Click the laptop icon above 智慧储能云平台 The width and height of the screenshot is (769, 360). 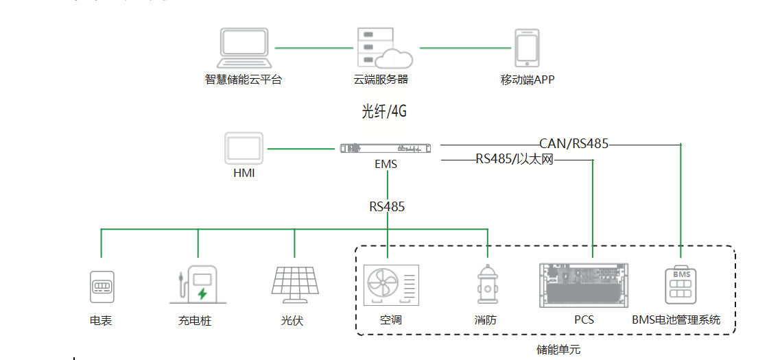244,47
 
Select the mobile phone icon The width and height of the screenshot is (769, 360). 527,48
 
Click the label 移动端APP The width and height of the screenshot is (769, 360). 527,80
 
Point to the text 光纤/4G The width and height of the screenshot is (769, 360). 389,111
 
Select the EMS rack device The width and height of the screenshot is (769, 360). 387,147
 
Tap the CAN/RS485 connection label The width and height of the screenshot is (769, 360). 574,144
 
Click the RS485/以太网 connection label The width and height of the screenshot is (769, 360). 514,160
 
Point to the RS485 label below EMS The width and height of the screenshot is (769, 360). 387,206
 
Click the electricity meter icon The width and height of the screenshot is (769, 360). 102,287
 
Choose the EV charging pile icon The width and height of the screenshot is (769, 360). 198,285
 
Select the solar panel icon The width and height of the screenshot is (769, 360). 294,285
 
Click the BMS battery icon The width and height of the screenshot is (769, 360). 681,284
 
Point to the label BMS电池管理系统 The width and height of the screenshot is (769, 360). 676,320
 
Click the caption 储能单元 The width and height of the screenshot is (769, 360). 558,349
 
